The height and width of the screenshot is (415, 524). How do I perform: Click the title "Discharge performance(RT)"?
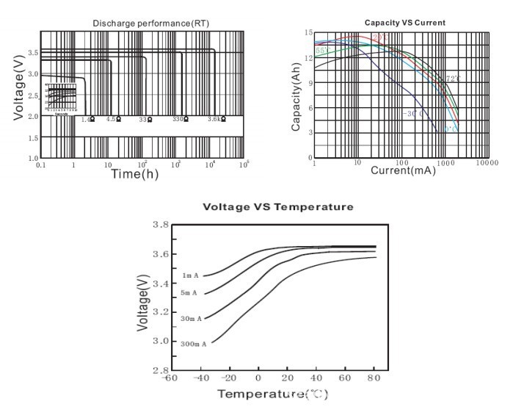[x=150, y=24]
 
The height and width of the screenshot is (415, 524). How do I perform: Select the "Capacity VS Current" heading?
[x=404, y=23]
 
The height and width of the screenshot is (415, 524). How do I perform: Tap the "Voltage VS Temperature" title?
[x=277, y=207]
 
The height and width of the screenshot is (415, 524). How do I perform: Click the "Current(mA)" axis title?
[x=403, y=170]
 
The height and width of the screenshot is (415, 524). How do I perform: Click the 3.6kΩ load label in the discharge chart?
[x=216, y=119]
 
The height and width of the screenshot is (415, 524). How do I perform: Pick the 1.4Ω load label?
[x=87, y=119]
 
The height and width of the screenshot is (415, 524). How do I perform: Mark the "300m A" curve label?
[x=194, y=343]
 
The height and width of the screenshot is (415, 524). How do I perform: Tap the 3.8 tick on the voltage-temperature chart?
[x=159, y=225]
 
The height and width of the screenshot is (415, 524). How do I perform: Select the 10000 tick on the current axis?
[x=485, y=162]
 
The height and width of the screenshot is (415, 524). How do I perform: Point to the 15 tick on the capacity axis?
[x=309, y=33]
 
